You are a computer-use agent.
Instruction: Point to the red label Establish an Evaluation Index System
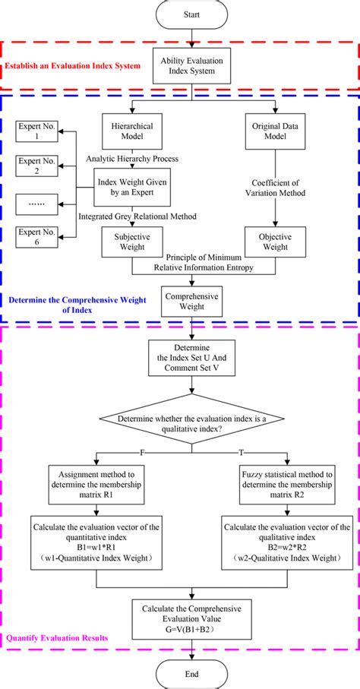(73, 66)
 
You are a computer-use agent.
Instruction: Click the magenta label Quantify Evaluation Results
(58, 637)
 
